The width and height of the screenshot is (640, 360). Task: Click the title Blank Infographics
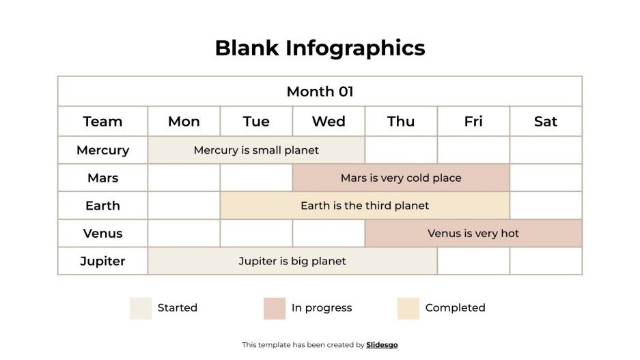(x=320, y=48)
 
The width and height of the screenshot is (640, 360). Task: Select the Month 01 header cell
(x=320, y=92)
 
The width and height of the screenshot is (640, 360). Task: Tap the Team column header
(x=102, y=122)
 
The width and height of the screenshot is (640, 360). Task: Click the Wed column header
(x=329, y=122)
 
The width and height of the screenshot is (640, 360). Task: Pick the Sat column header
(x=546, y=122)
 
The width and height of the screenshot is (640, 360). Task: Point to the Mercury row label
(x=102, y=150)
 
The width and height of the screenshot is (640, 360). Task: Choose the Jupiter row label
(x=102, y=261)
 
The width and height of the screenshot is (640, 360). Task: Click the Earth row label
(x=102, y=206)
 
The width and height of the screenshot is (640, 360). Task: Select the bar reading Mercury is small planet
(x=256, y=150)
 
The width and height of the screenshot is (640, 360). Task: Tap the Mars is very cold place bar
(x=401, y=178)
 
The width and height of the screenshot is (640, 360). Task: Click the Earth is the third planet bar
(x=365, y=206)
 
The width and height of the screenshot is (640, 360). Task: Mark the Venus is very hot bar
(x=473, y=234)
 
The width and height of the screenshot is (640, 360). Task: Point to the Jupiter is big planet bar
(x=292, y=261)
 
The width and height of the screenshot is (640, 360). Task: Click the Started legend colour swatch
(x=141, y=308)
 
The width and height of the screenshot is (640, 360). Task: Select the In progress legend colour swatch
(x=275, y=308)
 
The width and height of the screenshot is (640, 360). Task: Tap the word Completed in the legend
(x=455, y=308)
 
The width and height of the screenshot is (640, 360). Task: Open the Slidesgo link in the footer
(x=382, y=345)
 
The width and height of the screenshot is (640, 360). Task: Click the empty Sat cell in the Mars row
(x=546, y=178)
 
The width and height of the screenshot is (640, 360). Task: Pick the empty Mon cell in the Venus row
(x=184, y=234)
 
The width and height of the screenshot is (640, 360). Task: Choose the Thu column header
(x=401, y=122)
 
